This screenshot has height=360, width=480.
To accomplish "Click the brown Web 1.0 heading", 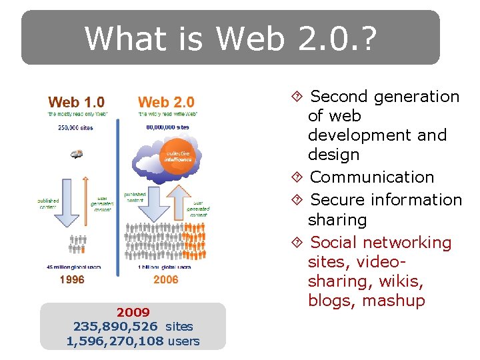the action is [76, 102].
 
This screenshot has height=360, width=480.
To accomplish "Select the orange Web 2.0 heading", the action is [166, 102].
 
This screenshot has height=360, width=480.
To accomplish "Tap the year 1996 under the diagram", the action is [72, 280].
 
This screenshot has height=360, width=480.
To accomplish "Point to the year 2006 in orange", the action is [166, 280].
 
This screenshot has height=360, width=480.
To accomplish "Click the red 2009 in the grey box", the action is [133, 312].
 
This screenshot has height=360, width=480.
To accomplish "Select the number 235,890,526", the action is [115, 327].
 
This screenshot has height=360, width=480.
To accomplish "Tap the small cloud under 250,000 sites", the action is [77, 154].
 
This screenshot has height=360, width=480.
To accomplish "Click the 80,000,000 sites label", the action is [167, 127].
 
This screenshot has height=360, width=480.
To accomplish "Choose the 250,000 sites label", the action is [75, 127].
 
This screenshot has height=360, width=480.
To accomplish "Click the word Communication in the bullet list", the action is [372, 177].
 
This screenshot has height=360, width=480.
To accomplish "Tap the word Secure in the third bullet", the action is [336, 200].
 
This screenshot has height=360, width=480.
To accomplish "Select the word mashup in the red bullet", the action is [393, 301].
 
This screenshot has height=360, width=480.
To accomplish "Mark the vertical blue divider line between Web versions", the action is [119, 193].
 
